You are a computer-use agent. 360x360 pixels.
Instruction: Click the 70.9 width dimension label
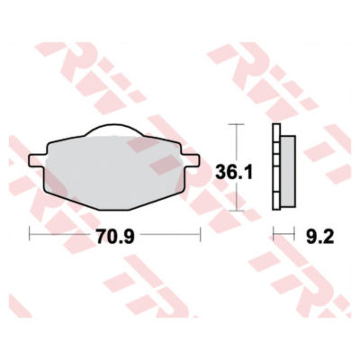pos(114,238)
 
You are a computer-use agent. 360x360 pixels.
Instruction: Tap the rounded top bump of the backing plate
pos(114,129)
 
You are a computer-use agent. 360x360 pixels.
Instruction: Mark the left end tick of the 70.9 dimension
pos(31,238)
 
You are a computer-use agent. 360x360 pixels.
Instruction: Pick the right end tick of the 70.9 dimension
pos(198,238)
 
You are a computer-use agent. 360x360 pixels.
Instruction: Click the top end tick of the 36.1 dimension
pos(237,123)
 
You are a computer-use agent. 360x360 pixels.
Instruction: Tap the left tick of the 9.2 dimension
pos(274,238)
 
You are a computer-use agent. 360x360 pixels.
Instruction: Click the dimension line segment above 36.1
pos(237,139)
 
